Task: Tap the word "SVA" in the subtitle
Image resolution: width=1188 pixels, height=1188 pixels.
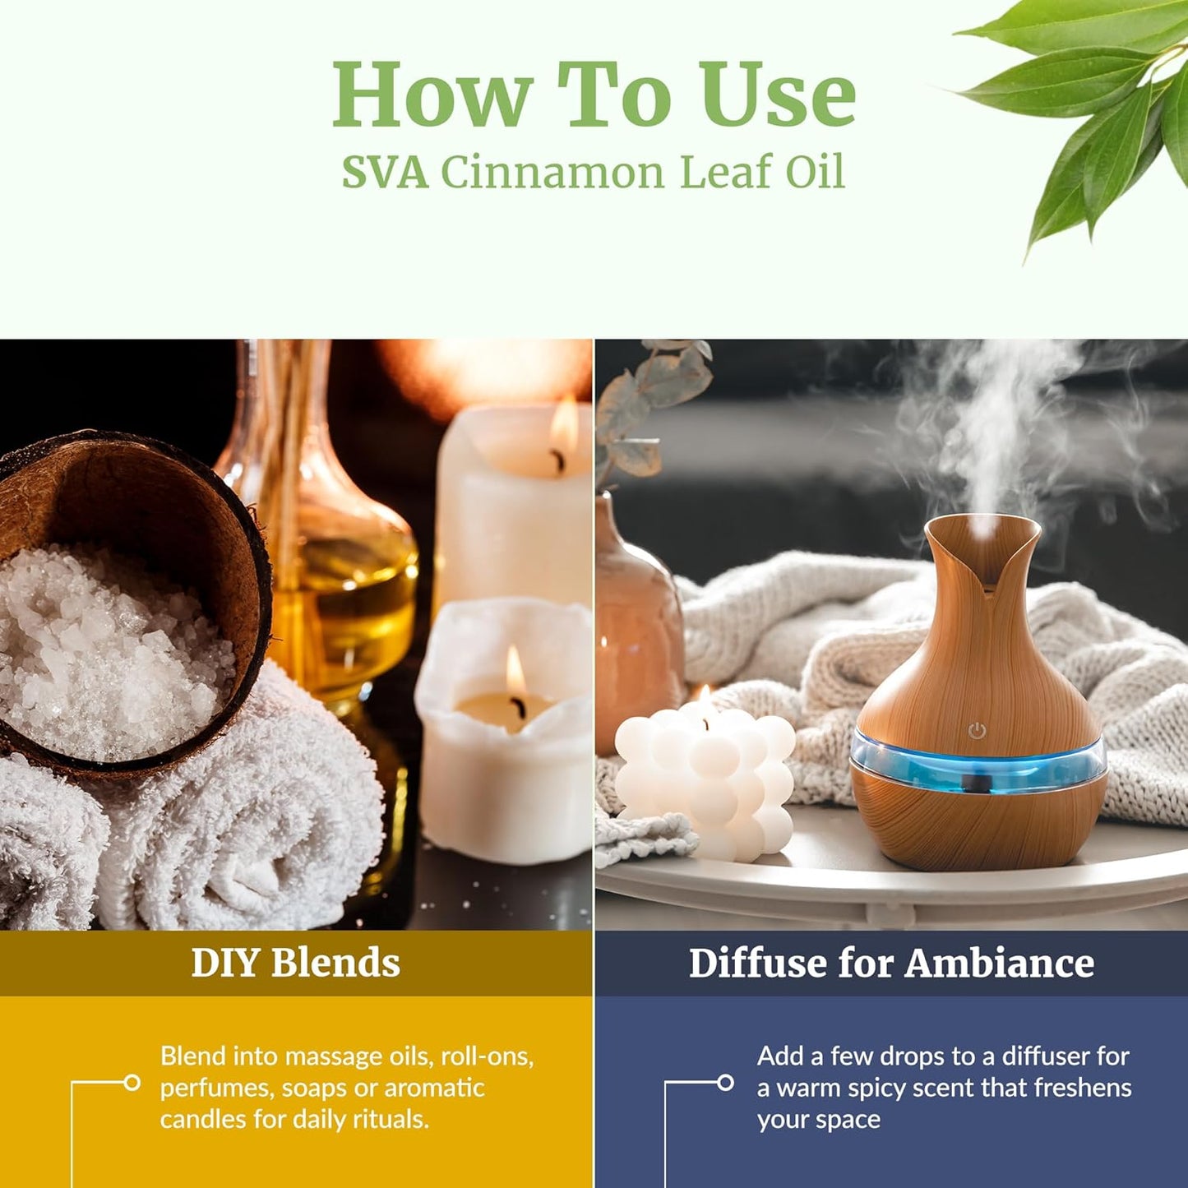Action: [384, 173]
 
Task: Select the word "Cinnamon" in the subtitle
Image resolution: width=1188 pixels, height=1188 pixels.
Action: [552, 173]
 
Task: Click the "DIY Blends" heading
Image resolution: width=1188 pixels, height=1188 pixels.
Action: [295, 963]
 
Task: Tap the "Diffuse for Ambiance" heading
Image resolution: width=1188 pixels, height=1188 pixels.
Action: [891, 963]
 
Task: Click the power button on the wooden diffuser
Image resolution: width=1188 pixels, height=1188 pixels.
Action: [976, 730]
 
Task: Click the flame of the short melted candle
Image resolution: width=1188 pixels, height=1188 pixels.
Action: [515, 670]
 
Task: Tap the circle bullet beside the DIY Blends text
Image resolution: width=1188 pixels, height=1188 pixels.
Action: [132, 1083]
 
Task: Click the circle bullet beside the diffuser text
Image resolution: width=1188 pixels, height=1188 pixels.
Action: [725, 1083]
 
